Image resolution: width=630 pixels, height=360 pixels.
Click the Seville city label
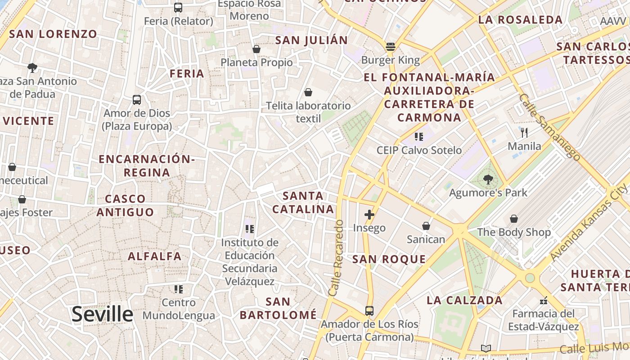point(102,314)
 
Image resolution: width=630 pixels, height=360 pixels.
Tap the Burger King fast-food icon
point(390,46)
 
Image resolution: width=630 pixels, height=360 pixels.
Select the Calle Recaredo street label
point(336,258)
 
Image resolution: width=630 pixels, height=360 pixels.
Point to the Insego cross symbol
point(369,215)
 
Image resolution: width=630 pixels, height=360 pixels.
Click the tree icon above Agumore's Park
point(488,180)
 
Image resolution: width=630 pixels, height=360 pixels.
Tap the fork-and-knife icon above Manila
point(524,132)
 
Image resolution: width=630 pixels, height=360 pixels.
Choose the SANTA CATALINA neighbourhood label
point(303,202)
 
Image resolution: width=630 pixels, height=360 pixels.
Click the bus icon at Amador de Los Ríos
point(369,310)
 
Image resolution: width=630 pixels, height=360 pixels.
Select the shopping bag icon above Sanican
point(426,226)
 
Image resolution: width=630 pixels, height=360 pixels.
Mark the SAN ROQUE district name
point(389,259)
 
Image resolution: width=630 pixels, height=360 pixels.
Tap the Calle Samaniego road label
point(549,127)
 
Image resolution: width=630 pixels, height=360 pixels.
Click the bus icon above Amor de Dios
point(137,99)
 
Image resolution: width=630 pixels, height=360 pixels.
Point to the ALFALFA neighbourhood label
point(155,256)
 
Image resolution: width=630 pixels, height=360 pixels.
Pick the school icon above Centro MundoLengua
point(179,289)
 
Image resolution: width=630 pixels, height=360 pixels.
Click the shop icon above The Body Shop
point(513,219)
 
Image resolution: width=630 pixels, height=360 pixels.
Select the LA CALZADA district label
point(464,301)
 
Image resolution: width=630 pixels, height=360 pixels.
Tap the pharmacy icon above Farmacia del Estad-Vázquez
point(544,300)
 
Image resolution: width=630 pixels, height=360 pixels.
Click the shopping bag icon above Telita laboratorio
point(308,92)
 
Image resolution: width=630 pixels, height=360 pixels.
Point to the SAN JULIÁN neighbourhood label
point(311,40)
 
